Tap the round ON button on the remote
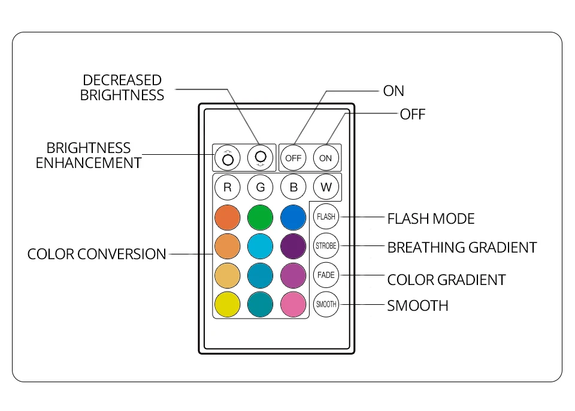click(x=326, y=158)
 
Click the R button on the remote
click(x=228, y=187)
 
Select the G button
click(x=261, y=187)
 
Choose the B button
click(x=293, y=187)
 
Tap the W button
click(x=326, y=187)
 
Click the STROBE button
click(x=326, y=246)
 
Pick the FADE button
click(x=326, y=275)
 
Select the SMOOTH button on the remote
click(x=326, y=304)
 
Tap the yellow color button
click(x=228, y=304)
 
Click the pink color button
click(x=293, y=304)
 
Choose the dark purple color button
click(x=293, y=246)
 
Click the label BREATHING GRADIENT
click(x=462, y=248)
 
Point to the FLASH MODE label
click(x=431, y=219)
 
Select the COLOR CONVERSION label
click(x=97, y=254)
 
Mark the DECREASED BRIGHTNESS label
click(x=122, y=88)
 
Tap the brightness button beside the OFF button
click(x=261, y=158)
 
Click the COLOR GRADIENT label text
click(x=446, y=280)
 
